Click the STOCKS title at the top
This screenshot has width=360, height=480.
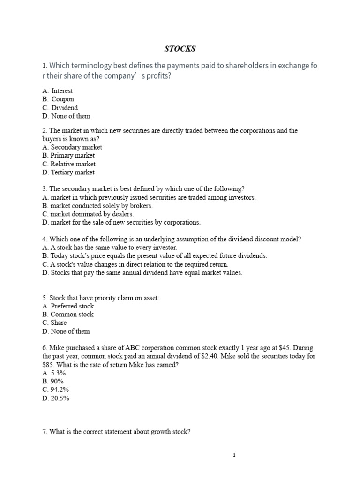pyautogui.click(x=180, y=48)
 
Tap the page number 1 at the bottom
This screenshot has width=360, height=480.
pyautogui.click(x=234, y=455)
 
